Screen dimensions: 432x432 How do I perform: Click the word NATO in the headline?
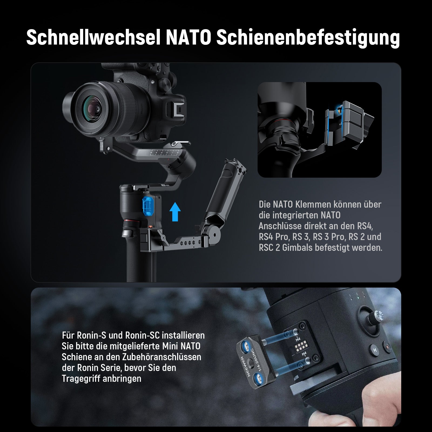tap(188, 38)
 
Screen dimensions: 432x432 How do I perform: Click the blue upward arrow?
tap(175, 212)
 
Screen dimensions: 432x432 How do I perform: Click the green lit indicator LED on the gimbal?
tap(357, 298)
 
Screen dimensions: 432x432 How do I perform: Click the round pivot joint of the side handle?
tap(212, 231)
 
